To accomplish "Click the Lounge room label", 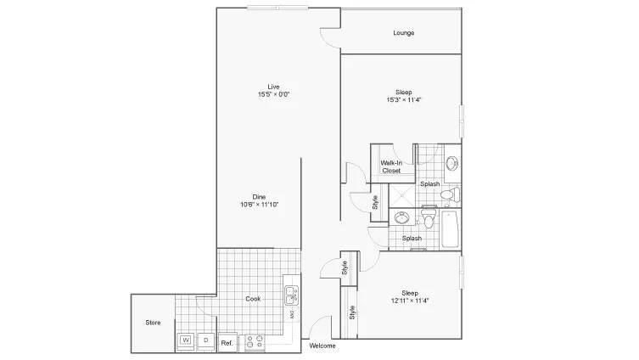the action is click(403, 32).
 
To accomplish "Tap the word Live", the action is click(273, 87).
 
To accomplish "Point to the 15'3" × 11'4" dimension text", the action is click(403, 99).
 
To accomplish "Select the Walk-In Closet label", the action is click(391, 166).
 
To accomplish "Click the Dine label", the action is click(259, 197).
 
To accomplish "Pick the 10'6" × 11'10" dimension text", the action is click(259, 205).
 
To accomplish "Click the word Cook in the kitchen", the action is click(253, 299).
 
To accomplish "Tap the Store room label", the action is click(153, 323).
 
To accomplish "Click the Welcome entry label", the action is click(322, 346).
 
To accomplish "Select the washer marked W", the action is click(186, 340).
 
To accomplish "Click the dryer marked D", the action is click(206, 340).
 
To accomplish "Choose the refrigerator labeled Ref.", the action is click(227, 342).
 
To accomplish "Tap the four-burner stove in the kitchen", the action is click(255, 341).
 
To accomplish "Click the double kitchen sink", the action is click(291, 295).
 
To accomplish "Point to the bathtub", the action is click(451, 228).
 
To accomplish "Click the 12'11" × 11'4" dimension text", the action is click(410, 301).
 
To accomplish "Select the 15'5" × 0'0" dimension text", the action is click(273, 94).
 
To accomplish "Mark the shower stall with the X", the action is click(402, 195).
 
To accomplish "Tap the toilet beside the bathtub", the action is click(428, 218).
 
